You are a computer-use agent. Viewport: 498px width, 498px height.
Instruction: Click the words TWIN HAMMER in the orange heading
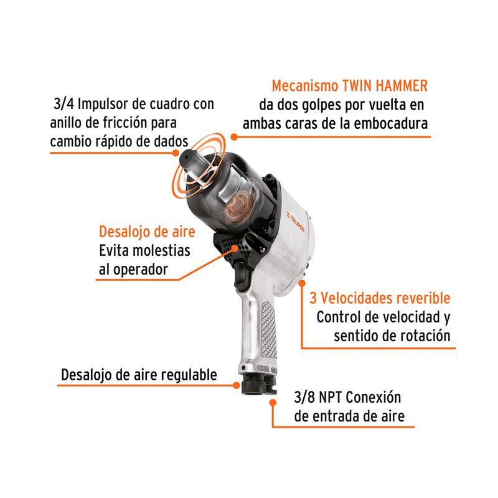[x=385, y=86]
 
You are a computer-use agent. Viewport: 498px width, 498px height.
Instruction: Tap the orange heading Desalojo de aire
[x=147, y=232]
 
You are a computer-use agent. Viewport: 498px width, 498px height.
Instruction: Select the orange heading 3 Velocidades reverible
[x=380, y=298]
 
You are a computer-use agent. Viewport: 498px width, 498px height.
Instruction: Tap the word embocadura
[x=391, y=123]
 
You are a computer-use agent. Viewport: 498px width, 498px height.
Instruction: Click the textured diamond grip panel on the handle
[x=268, y=329]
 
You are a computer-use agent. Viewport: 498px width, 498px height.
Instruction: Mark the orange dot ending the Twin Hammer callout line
[x=234, y=137]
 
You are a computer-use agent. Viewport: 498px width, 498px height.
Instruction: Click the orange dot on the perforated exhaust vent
[x=235, y=248]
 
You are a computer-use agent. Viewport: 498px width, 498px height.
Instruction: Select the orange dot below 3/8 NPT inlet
[x=273, y=402]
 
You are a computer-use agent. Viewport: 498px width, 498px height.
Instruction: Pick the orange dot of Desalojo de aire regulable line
[x=237, y=385]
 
